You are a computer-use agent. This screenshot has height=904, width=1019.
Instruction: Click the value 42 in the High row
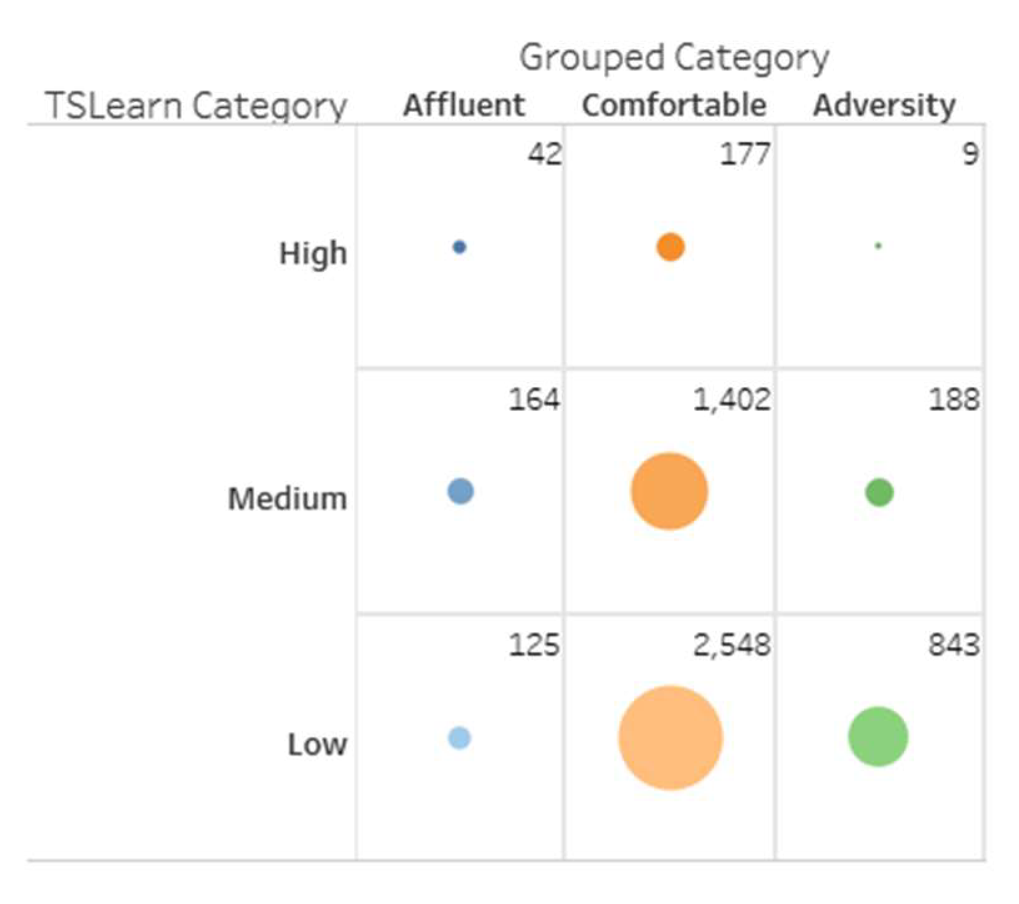544,154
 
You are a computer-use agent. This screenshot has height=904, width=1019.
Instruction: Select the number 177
745,154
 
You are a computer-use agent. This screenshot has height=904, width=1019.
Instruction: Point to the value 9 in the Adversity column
970,154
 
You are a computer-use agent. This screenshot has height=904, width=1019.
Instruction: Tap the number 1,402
732,400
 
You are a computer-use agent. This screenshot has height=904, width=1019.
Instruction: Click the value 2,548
732,645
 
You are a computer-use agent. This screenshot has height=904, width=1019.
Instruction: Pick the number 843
954,645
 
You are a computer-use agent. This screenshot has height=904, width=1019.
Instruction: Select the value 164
534,400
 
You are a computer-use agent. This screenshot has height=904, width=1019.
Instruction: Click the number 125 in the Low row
534,645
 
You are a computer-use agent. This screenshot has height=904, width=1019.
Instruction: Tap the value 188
954,400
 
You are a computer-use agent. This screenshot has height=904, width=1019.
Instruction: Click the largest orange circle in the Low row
670,738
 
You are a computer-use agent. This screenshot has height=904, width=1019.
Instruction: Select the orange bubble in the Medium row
669,491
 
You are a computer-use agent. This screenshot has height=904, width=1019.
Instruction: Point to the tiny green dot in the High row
878,246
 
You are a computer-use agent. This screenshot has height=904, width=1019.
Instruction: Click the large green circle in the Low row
878,737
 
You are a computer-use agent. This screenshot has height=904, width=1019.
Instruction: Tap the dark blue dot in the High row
459,247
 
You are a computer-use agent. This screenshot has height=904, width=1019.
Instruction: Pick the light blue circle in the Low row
459,738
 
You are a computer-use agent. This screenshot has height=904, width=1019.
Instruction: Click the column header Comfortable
674,105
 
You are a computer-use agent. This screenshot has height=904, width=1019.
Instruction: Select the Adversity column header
884,105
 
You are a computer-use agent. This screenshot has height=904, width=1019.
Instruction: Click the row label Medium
287,499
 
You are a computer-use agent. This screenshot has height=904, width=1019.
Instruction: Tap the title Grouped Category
674,58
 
